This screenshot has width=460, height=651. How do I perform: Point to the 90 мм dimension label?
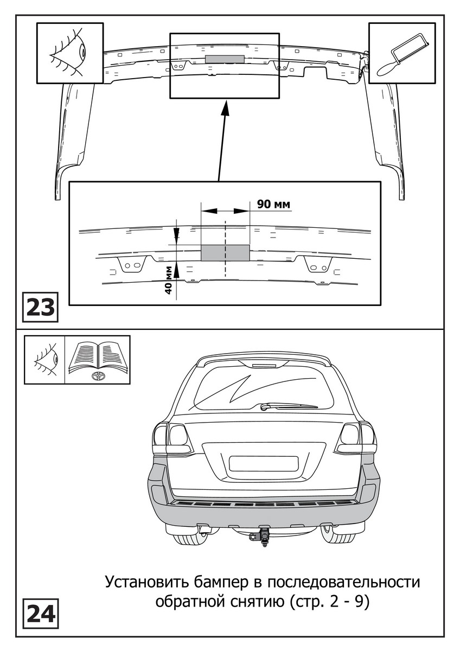273,204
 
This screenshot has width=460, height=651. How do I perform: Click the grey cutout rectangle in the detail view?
225,253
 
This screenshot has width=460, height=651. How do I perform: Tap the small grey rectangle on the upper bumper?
225,58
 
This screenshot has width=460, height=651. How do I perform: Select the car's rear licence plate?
264,463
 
